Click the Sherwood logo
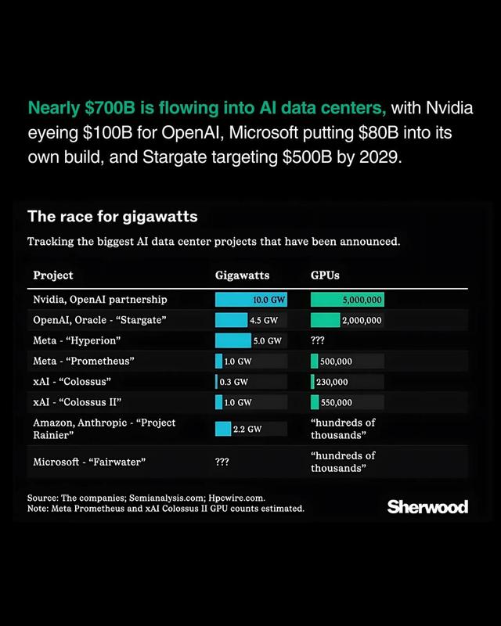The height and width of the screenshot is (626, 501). [427, 507]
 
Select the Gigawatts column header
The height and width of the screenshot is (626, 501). [242, 275]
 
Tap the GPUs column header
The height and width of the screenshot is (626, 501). [325, 275]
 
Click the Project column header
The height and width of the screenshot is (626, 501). [53, 275]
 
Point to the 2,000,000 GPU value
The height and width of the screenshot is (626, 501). [362, 320]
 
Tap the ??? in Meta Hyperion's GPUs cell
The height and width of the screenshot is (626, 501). [319, 341]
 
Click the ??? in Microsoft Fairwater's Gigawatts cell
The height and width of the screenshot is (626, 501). [222, 462]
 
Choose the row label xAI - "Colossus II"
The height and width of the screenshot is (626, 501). [77, 402]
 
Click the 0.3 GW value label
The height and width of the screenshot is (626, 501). [235, 382]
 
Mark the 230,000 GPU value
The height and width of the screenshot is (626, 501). [333, 382]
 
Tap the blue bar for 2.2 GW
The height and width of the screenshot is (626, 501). [223, 429]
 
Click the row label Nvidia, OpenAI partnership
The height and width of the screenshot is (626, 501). [100, 300]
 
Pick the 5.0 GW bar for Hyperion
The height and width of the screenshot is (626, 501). [232, 341]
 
